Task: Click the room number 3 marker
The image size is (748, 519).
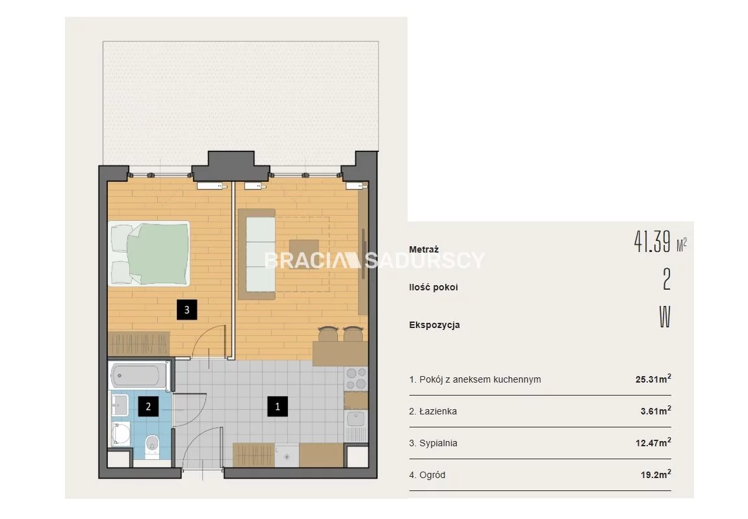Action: click(187, 310)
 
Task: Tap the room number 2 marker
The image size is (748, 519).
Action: click(148, 407)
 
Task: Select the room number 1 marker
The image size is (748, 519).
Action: click(277, 407)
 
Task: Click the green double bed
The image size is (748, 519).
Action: click(149, 253)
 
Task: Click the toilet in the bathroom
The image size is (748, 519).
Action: click(152, 446)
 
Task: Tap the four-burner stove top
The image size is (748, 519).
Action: click(356, 379)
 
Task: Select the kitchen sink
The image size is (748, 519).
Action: click(355, 420)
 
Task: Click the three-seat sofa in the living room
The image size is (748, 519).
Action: click(260, 254)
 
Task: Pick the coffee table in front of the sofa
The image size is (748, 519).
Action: click(304, 254)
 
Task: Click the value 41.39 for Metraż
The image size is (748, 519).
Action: click(652, 242)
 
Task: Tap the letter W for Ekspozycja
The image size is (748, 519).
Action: click(665, 317)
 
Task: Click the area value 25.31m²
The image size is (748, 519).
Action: click(653, 379)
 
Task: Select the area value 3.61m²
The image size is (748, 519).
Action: click(656, 411)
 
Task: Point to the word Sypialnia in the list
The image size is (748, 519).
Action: click(438, 443)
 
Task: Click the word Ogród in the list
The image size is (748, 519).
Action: click(432, 475)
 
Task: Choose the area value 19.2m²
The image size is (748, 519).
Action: click(656, 475)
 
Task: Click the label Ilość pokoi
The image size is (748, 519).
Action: click(433, 287)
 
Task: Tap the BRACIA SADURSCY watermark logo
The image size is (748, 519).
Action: click(374, 260)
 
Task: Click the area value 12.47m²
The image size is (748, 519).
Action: click(653, 443)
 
